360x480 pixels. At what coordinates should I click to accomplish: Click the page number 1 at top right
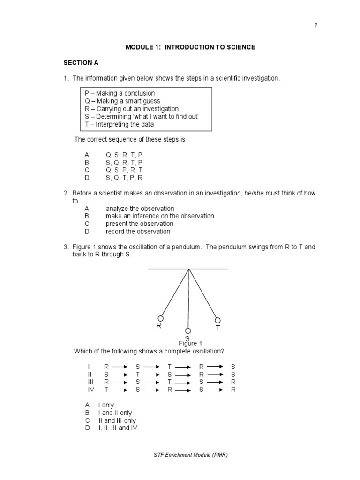pos(316,25)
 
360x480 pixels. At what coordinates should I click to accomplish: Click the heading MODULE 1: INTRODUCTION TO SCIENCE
pos(190,47)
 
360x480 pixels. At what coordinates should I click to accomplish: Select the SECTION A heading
pos(82,62)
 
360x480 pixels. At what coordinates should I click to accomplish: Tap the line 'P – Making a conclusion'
pos(120,93)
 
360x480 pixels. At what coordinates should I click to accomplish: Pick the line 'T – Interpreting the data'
pos(119,124)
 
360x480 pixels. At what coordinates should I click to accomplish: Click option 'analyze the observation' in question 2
pos(140,209)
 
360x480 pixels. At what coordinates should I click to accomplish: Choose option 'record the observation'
pos(138,231)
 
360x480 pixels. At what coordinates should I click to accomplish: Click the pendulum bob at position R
pos(160,318)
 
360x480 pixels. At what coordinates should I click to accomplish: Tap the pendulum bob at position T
pos(217,320)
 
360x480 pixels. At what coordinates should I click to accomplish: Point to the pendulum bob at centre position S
pos(188,331)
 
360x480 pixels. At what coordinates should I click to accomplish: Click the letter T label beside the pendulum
pos(218,329)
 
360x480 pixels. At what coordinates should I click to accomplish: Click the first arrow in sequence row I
pos(120,367)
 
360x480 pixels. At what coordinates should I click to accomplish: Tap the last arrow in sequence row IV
pos(215,390)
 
